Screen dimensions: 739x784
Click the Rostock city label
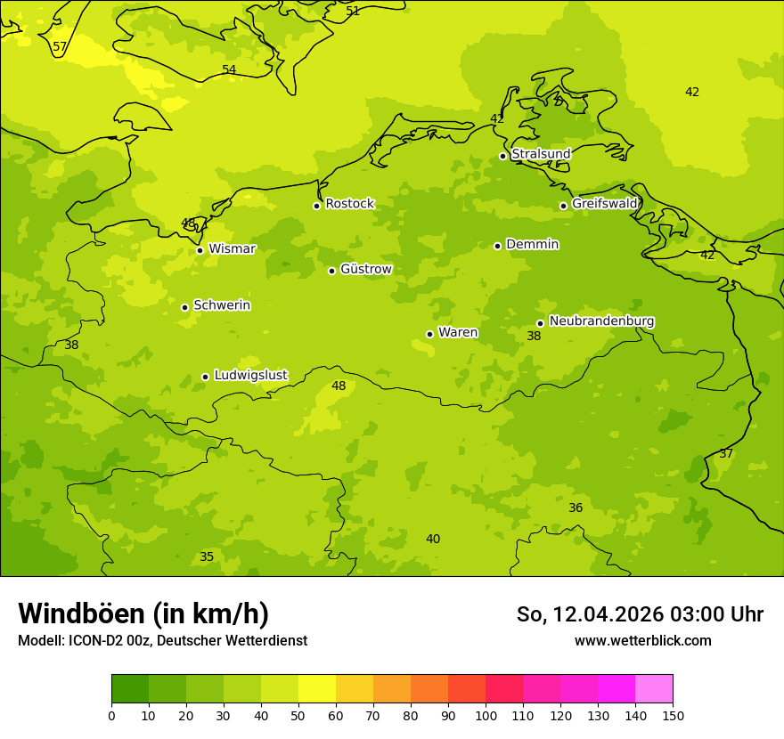point(349,204)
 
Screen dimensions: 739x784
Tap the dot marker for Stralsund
point(502,156)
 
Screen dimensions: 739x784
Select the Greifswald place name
point(604,204)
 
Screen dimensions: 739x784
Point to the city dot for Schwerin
point(184,307)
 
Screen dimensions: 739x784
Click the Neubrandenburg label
point(601,321)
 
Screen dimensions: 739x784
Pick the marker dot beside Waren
point(429,334)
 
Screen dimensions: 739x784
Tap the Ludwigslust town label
point(250,376)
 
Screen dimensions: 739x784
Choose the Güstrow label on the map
point(365,269)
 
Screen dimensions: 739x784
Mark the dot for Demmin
point(497,246)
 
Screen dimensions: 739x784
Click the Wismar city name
point(232,248)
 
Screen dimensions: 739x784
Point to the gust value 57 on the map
point(60,47)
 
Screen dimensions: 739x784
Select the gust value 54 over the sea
point(229,70)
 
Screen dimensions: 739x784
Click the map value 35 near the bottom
point(207,557)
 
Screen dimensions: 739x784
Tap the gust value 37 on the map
point(726,454)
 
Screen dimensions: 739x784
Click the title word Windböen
point(81,613)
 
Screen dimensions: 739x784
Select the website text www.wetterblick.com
point(642,641)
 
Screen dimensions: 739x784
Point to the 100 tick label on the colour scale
point(486,715)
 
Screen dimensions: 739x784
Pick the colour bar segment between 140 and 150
point(654,689)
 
